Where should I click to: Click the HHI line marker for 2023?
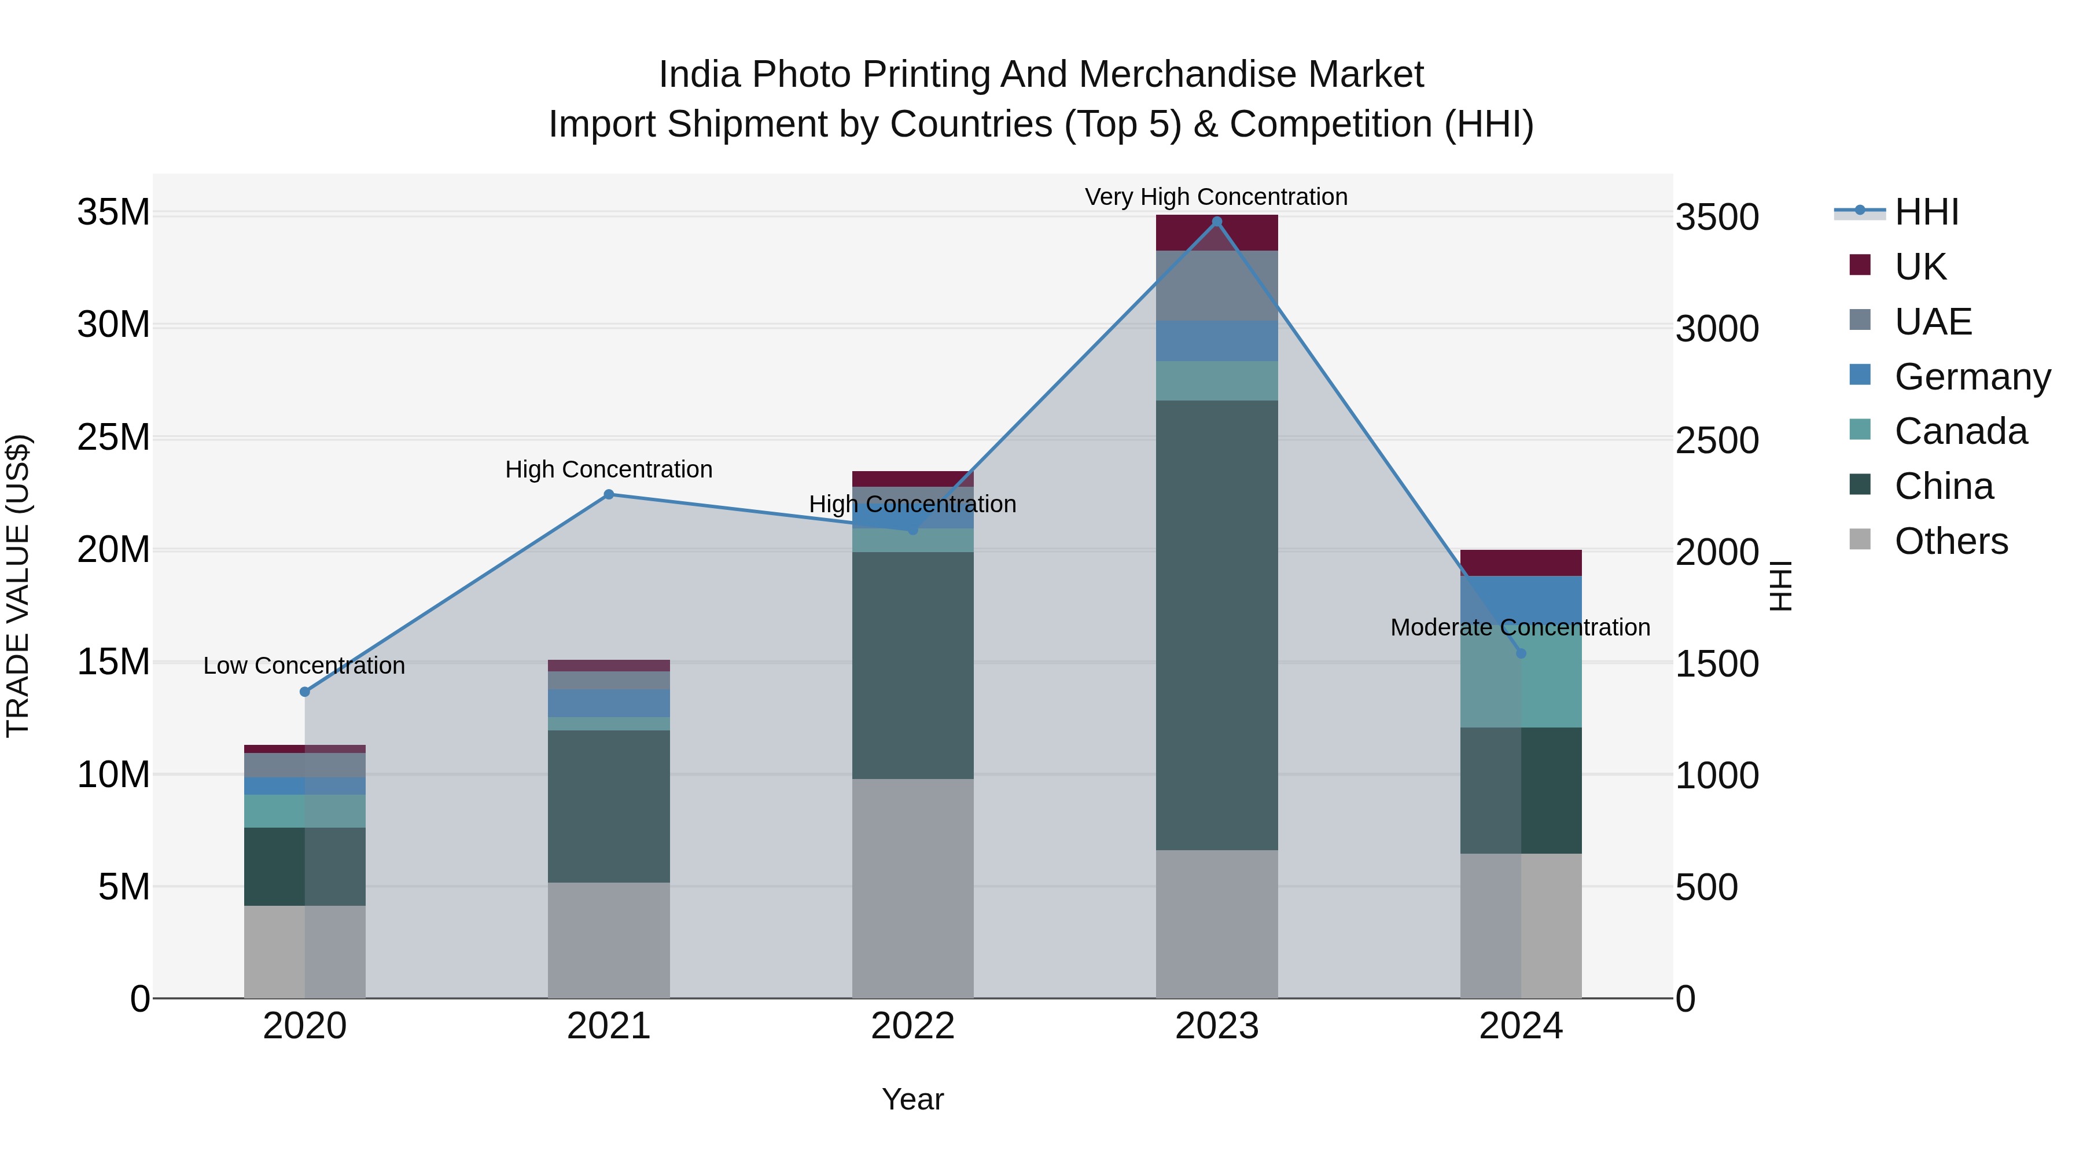coord(1216,222)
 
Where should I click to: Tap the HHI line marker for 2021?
coord(609,494)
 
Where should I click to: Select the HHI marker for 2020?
coord(305,692)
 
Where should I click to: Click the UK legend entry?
coord(1920,266)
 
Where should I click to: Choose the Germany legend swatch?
coord(1860,375)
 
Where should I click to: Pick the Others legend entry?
coord(1950,541)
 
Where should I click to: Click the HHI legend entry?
coord(1926,212)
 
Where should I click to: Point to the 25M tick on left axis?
coord(113,438)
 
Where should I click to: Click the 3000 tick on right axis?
coord(1716,329)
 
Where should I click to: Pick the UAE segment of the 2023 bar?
coord(1216,285)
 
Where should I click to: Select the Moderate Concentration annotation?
coord(1519,627)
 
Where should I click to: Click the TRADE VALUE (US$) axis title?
coord(19,586)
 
